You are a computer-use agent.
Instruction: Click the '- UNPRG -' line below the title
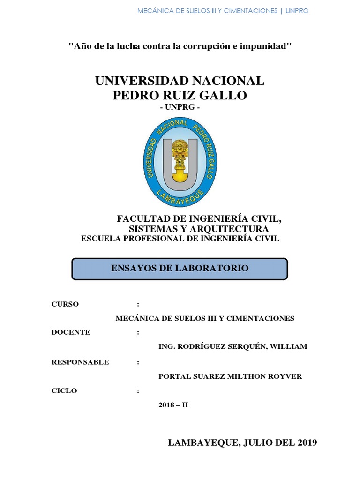tap(180, 107)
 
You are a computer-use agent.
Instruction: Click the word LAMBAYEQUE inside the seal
tap(180, 197)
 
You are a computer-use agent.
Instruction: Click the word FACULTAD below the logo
tap(139, 218)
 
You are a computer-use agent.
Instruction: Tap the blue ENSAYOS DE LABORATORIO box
tap(180, 269)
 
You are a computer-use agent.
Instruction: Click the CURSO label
tap(65, 304)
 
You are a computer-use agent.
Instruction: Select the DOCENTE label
tap(71, 332)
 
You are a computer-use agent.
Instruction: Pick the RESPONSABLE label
tap(80, 362)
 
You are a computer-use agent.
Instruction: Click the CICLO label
tap(64, 390)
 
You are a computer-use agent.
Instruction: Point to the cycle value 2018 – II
tap(173, 405)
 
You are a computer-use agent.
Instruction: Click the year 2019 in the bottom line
tap(305, 442)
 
